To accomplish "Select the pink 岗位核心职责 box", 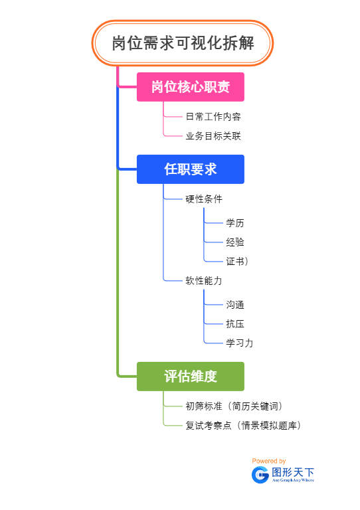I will [x=191, y=87].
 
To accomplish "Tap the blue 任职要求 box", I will [x=191, y=169].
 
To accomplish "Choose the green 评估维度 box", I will [x=191, y=377].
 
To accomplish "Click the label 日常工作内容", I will [x=213, y=116].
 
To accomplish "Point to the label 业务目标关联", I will [x=213, y=136].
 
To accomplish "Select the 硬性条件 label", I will [x=204, y=199].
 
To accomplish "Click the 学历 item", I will [x=235, y=223].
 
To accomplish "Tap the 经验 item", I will [x=235, y=242].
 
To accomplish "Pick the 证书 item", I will [x=236, y=262].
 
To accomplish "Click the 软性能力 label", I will [x=204, y=281].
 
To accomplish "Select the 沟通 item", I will [x=235, y=305].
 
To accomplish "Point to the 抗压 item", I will [x=235, y=324].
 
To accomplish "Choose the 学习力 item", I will [x=239, y=343].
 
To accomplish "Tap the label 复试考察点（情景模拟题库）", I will [x=243, y=426].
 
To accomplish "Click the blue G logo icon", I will [x=260, y=474].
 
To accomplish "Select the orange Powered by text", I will [x=269, y=461].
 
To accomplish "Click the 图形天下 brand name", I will [x=293, y=472].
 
